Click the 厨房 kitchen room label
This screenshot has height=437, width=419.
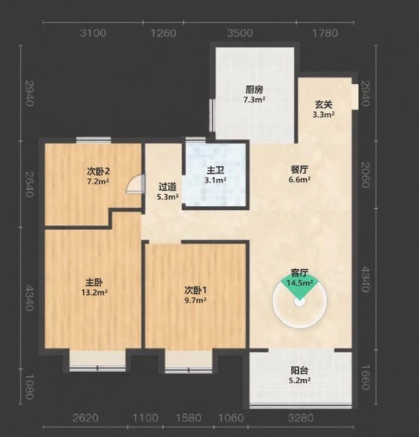(255, 90)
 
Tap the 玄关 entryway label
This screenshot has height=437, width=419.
(324, 105)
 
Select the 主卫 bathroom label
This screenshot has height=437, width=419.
(215, 170)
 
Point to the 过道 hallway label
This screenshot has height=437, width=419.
(167, 187)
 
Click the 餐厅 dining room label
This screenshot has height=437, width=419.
(300, 169)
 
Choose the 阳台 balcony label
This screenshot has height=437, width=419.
(300, 371)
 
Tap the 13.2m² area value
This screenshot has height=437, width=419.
(94, 293)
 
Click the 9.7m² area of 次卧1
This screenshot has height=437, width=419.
(196, 301)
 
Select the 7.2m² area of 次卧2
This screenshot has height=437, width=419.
(98, 182)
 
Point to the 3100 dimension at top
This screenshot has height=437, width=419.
(93, 33)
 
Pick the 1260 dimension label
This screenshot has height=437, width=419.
(163, 33)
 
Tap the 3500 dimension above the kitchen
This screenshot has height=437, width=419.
(240, 33)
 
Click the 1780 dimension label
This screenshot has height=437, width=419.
(325, 33)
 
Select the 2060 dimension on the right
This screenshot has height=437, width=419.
(366, 175)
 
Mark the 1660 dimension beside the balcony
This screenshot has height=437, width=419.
(366, 377)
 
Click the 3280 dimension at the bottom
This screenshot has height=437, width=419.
(301, 418)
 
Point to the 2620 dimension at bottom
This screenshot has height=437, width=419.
(85, 418)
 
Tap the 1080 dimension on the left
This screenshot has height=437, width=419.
(29, 387)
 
